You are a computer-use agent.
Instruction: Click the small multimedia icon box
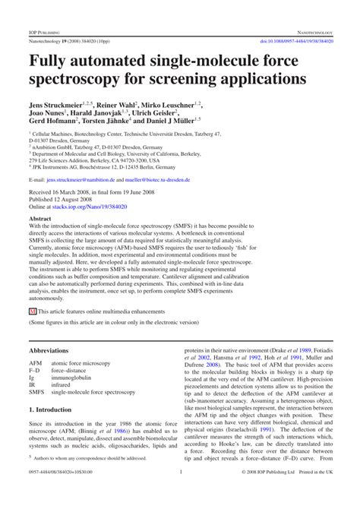coord(33,311)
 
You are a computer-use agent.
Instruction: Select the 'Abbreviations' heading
coord(55,351)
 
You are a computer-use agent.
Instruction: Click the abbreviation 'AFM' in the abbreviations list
coord(36,365)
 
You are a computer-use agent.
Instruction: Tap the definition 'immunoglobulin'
coord(74,378)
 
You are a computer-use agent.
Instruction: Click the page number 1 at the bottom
coord(180,493)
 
